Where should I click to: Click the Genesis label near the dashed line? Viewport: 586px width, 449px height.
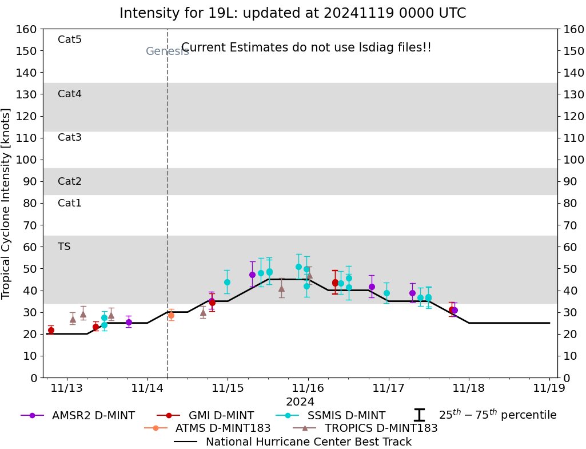point(167,51)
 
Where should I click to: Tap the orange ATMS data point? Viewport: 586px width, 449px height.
point(171,315)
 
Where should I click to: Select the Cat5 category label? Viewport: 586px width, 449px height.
point(70,39)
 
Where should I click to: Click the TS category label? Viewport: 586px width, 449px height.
point(64,247)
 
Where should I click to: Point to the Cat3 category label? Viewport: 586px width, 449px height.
point(70,137)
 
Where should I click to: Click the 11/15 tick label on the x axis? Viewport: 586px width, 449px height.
point(228,388)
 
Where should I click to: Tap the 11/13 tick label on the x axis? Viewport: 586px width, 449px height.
point(67,388)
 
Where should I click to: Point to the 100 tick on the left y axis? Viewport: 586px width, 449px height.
point(28,160)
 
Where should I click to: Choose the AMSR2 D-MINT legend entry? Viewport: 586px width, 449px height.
point(78,415)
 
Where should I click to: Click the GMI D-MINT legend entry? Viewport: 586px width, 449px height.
point(205,415)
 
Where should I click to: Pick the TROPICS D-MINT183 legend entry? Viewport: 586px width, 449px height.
point(365,428)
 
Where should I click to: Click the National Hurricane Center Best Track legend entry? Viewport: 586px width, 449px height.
point(293,442)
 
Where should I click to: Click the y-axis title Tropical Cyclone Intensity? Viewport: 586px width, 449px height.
point(6,203)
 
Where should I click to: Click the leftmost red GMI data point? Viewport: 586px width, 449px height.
point(51,330)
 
